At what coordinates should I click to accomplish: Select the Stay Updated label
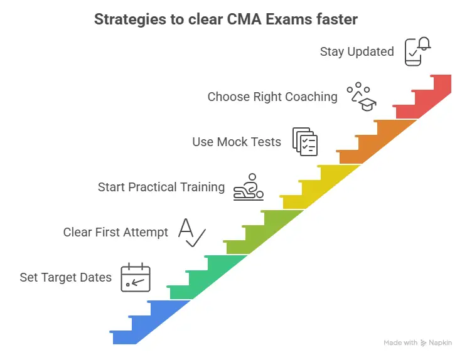point(357,51)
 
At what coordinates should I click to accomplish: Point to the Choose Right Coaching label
point(272,97)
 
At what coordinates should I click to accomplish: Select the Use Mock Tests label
point(237,142)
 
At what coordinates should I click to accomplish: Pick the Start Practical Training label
point(161,187)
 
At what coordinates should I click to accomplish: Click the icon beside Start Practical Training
point(249,187)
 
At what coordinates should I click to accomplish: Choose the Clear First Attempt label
point(115,232)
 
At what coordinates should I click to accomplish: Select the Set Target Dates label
point(65,277)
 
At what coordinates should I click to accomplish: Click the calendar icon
point(136,277)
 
